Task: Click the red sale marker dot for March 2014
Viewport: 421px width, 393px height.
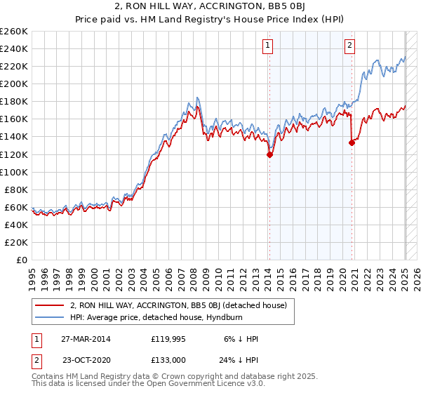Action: pos(269,155)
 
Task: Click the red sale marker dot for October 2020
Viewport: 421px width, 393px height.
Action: pos(352,143)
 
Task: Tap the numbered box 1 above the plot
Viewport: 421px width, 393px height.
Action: pos(269,46)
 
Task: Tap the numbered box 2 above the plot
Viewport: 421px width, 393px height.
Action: pos(349,46)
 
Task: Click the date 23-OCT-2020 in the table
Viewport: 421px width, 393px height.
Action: pos(85,362)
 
